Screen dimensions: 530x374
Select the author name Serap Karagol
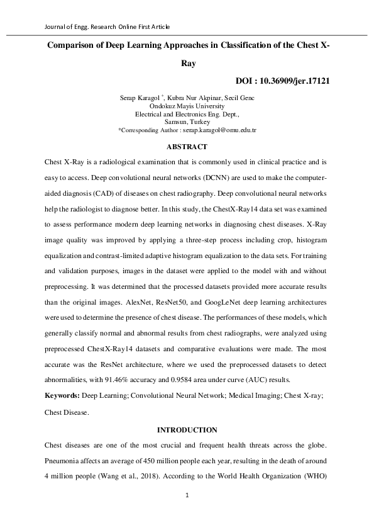coord(139,98)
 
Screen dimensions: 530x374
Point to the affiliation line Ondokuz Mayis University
coord(187,106)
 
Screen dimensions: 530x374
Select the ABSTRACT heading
coord(187,147)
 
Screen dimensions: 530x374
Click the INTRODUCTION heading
coord(187,430)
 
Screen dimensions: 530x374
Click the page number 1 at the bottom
coord(187,495)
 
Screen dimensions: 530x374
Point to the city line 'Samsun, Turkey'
coord(187,122)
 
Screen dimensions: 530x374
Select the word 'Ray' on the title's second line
coord(187,64)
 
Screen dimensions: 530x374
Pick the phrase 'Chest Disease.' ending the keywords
coord(67,413)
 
